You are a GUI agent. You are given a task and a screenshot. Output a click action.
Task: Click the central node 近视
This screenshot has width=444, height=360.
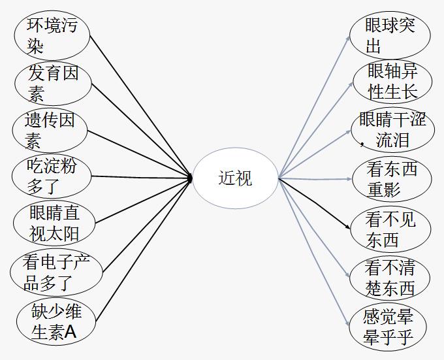[x=236, y=178]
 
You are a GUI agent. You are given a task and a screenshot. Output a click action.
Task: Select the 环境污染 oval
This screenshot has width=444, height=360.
[x=52, y=35]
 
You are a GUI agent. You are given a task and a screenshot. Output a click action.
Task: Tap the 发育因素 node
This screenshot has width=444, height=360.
[x=53, y=82]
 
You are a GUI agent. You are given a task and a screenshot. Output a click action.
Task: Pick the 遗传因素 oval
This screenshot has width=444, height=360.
[x=50, y=130]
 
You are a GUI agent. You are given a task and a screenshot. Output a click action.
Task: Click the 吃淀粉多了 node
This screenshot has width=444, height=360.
[x=52, y=176]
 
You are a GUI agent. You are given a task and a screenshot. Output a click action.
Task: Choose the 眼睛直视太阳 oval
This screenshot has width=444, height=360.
[x=54, y=223]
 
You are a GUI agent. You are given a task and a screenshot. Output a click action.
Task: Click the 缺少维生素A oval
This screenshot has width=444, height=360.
[x=57, y=321]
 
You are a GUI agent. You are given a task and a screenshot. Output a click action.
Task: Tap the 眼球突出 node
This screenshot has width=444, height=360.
[x=390, y=35]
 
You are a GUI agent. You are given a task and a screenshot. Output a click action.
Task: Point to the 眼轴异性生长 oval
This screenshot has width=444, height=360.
[x=392, y=82]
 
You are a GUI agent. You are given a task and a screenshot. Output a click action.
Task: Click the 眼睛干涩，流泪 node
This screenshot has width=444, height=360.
[x=392, y=130]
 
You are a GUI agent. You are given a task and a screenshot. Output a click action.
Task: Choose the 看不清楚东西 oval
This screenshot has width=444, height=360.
[x=390, y=277]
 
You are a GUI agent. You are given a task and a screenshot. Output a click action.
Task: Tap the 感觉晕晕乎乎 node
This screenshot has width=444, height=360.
[x=389, y=327]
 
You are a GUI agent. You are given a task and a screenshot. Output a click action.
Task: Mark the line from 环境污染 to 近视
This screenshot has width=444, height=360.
[x=140, y=105]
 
